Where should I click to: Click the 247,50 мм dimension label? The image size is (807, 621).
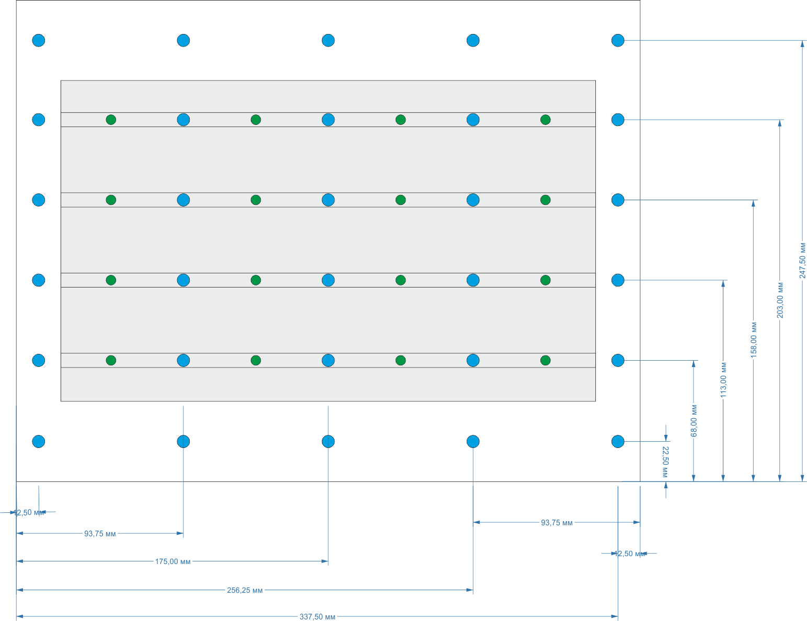click(802, 260)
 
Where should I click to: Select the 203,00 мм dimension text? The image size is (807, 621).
click(780, 300)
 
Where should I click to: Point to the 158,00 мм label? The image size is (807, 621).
click(753, 339)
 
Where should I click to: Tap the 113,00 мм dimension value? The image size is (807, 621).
click(723, 379)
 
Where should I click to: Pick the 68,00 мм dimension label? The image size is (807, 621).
click(694, 420)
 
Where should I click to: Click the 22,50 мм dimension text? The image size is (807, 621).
click(665, 462)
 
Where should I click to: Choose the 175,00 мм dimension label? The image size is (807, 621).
click(172, 561)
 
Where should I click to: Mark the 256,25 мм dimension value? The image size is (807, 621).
click(245, 590)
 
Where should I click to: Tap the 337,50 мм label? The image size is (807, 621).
click(317, 617)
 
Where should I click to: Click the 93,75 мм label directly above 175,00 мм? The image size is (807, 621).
click(100, 534)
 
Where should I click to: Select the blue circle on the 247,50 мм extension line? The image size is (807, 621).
click(618, 40)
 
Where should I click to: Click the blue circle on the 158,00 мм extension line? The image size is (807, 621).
click(618, 200)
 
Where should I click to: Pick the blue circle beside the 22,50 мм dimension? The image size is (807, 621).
click(618, 442)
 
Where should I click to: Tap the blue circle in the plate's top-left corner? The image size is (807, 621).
click(39, 40)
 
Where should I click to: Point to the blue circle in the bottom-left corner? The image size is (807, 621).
click(39, 442)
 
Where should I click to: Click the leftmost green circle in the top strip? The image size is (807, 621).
click(111, 120)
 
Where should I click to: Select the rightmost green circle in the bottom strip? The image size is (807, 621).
click(545, 360)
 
